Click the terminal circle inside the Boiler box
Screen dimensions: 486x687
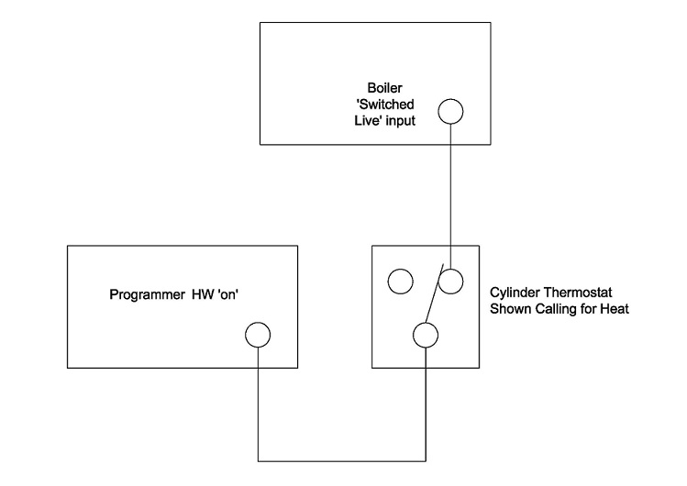[x=450, y=111]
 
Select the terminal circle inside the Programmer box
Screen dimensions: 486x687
[x=258, y=335]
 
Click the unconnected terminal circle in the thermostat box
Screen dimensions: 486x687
[x=401, y=282]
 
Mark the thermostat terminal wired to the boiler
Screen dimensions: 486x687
[x=450, y=282]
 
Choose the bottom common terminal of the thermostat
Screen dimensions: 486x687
[x=425, y=335]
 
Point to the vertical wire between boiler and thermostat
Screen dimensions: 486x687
[x=450, y=193]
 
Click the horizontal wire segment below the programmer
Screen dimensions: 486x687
[x=341, y=459]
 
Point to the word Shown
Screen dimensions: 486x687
[x=508, y=308]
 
